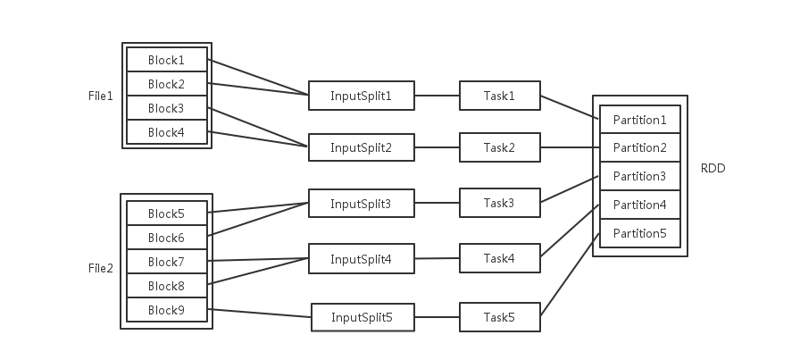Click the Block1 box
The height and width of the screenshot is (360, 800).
pyautogui.click(x=166, y=60)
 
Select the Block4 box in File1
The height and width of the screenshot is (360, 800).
pyautogui.click(x=166, y=132)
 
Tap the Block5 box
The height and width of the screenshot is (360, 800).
pyautogui.click(x=166, y=213)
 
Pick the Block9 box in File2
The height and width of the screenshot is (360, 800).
pyautogui.click(x=166, y=310)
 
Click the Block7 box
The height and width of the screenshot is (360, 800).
pyautogui.click(x=166, y=262)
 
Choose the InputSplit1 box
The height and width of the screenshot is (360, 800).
pyautogui.click(x=361, y=96)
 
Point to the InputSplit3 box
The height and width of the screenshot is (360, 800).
pyautogui.click(x=361, y=204)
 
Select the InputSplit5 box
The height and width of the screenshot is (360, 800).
pyautogui.click(x=362, y=317)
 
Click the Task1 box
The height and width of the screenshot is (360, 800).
pyautogui.click(x=499, y=95)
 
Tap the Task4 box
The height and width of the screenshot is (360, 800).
pyautogui.click(x=499, y=258)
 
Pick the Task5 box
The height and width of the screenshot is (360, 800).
pyautogui.click(x=499, y=316)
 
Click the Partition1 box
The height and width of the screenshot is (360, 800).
pyautogui.click(x=640, y=120)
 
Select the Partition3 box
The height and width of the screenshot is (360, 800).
pyautogui.click(x=640, y=176)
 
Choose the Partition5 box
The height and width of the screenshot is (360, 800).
pyautogui.click(x=640, y=233)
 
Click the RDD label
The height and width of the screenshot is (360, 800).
pyautogui.click(x=713, y=167)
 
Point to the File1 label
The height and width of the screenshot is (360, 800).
pyautogui.click(x=101, y=96)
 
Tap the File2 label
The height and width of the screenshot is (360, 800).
pyautogui.click(x=101, y=268)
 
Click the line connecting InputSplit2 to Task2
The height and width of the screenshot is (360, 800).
pyautogui.click(x=437, y=147)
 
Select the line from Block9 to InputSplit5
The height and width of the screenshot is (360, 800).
pyautogui.click(x=261, y=313)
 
